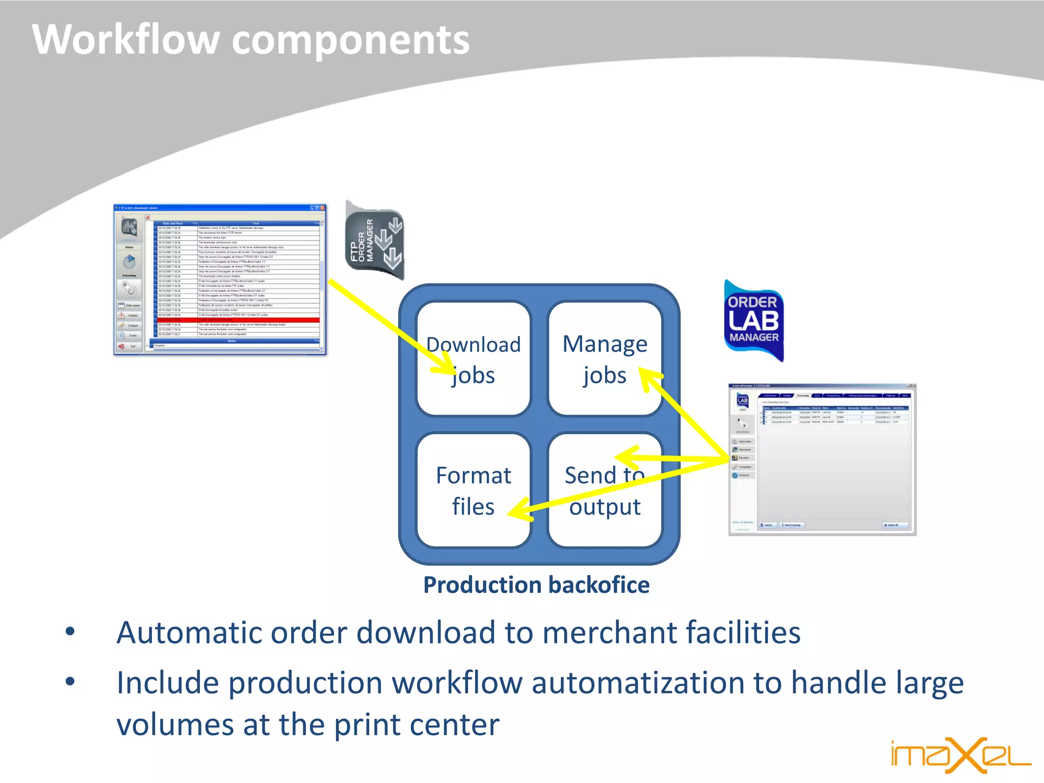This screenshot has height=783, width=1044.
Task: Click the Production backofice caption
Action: pyautogui.click(x=536, y=585)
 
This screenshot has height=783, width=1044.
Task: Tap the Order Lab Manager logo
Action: pyautogui.click(x=753, y=320)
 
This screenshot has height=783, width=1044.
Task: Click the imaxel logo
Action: pyautogui.click(x=960, y=755)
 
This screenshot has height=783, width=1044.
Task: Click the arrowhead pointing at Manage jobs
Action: pyautogui.click(x=649, y=377)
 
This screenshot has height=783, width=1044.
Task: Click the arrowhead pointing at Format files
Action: pyautogui.click(x=520, y=510)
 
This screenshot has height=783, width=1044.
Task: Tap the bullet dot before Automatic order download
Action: pyautogui.click(x=70, y=632)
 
